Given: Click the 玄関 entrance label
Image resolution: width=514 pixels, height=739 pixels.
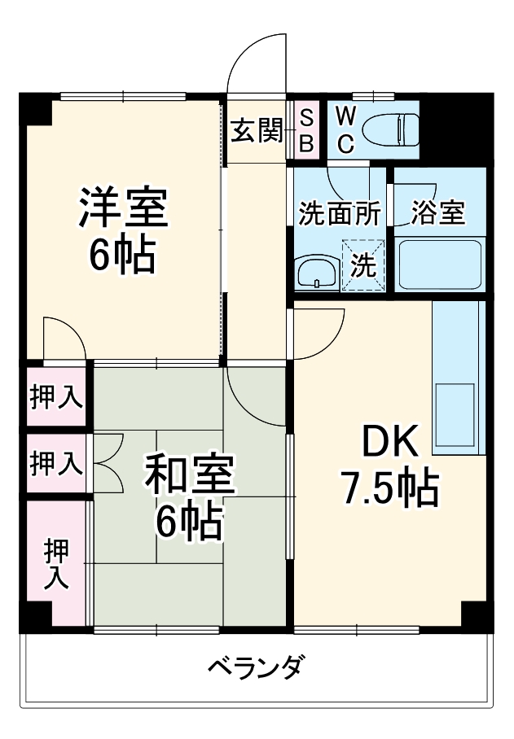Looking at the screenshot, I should [256, 130].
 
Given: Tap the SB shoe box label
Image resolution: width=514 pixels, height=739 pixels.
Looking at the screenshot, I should [306, 130].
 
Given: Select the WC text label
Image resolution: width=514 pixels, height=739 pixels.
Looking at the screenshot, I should [345, 130].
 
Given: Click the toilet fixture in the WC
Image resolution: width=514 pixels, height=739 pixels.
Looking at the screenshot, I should [389, 129].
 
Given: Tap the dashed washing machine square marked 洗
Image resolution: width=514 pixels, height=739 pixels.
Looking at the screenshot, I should [364, 265].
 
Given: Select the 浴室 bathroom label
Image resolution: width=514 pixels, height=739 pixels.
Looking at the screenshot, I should [437, 213].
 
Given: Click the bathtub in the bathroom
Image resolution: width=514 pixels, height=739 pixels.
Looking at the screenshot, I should [439, 265].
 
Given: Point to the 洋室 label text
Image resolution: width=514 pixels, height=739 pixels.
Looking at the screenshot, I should [123, 209].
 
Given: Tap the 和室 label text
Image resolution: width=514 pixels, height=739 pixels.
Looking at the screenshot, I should [190, 476].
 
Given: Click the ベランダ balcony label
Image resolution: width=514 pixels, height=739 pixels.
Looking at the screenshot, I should [255, 668].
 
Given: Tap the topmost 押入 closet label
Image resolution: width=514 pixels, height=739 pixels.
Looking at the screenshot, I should [56, 397].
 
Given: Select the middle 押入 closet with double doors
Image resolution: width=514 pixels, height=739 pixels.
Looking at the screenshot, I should [56, 464].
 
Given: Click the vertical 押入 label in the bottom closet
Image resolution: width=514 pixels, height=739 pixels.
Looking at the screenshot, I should [56, 564].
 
